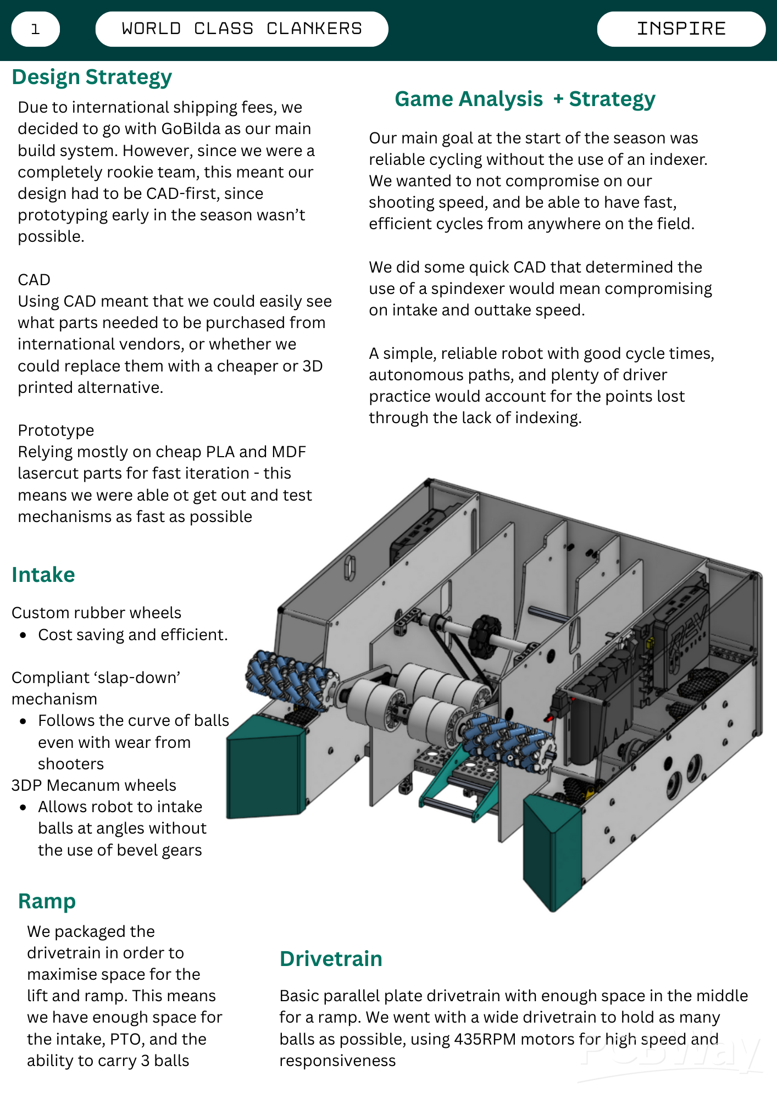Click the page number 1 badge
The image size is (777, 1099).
[35, 29]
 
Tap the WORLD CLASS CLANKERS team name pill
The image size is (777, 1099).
[242, 29]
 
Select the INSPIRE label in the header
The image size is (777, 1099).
[681, 29]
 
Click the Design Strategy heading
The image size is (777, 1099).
[92, 77]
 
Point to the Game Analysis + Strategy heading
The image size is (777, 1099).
[525, 99]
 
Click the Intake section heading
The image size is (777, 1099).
[43, 575]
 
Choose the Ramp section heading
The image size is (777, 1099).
[47, 901]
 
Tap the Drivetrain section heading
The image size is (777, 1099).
[331, 959]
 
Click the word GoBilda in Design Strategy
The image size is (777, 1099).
[189, 129]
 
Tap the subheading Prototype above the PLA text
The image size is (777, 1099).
[56, 430]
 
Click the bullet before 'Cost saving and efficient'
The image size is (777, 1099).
[23, 635]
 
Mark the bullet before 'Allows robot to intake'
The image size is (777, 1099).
[23, 807]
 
